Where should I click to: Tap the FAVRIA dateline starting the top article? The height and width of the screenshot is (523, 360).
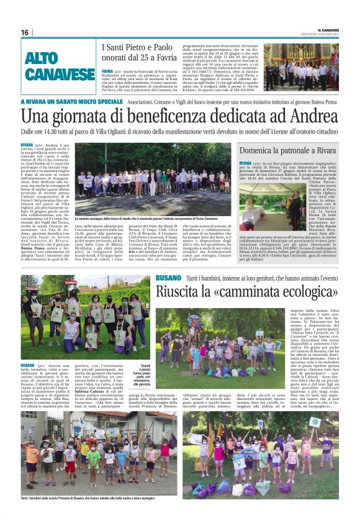pos(108,71)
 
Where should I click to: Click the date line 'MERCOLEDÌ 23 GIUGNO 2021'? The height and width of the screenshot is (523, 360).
pos(332,34)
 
